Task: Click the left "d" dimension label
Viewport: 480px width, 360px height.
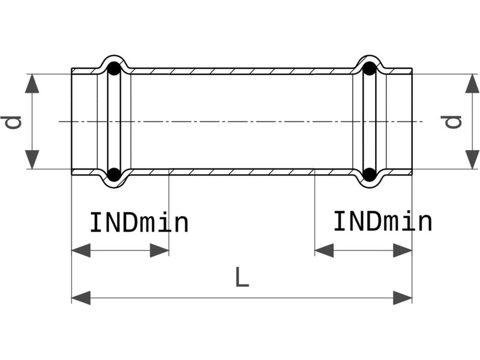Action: point(11,122)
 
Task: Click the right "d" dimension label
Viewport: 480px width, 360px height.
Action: point(451,122)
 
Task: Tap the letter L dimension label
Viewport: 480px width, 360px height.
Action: point(242,277)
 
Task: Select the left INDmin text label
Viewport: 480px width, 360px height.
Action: point(139,223)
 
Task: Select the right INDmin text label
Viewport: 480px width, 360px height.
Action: point(383,221)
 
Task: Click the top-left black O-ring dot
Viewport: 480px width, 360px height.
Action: point(114,68)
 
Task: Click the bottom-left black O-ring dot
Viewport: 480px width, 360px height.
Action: point(114,174)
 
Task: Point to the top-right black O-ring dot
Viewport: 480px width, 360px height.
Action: point(370,68)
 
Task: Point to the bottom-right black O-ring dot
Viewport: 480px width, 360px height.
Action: point(370,174)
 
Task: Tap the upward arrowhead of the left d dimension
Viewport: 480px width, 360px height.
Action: point(32,83)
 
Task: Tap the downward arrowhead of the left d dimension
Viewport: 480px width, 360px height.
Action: point(32,160)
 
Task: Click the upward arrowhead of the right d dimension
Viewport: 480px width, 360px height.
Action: point(472,83)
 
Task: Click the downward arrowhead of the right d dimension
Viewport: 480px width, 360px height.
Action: point(472,160)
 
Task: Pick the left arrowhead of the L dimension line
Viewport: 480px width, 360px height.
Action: point(81,298)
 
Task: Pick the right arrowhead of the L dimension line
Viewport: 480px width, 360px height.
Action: point(403,298)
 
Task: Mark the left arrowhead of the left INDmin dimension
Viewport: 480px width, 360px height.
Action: point(81,250)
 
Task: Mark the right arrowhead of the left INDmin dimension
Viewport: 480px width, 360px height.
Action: point(159,250)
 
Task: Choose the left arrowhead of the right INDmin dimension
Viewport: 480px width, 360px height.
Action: point(324,250)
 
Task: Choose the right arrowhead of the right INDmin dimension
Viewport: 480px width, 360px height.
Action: point(403,250)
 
